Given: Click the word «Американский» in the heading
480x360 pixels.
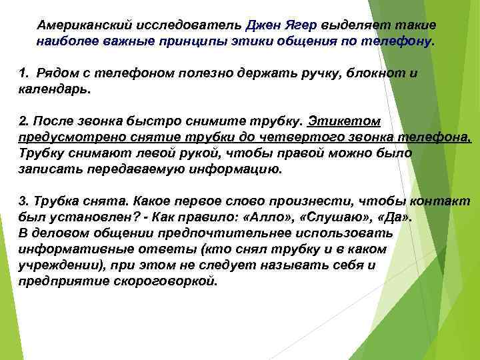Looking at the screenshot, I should pyautogui.click(x=80, y=25).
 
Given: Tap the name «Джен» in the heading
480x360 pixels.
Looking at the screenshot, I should pyautogui.click(x=263, y=25).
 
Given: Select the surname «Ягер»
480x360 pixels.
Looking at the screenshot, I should pyautogui.click(x=301, y=25).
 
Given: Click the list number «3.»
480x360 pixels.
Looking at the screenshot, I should pyautogui.click(x=23, y=202).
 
